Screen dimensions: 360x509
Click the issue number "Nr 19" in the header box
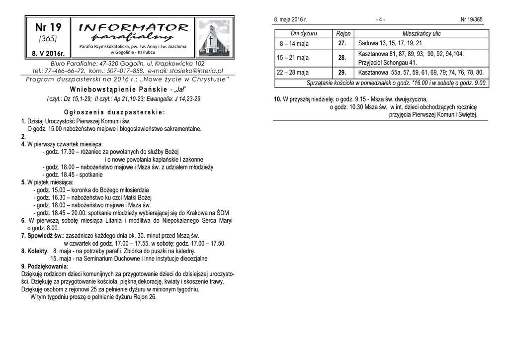[48, 27]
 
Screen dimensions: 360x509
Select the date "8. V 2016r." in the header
[48, 52]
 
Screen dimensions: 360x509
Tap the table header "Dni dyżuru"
[304, 33]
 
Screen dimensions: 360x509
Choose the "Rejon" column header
[343, 34]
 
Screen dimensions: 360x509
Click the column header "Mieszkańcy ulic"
[422, 34]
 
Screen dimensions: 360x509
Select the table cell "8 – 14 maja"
[294, 44]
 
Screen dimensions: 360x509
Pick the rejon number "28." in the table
[342, 58]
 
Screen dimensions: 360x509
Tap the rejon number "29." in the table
[342, 73]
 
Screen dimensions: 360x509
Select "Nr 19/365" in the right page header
[471, 20]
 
